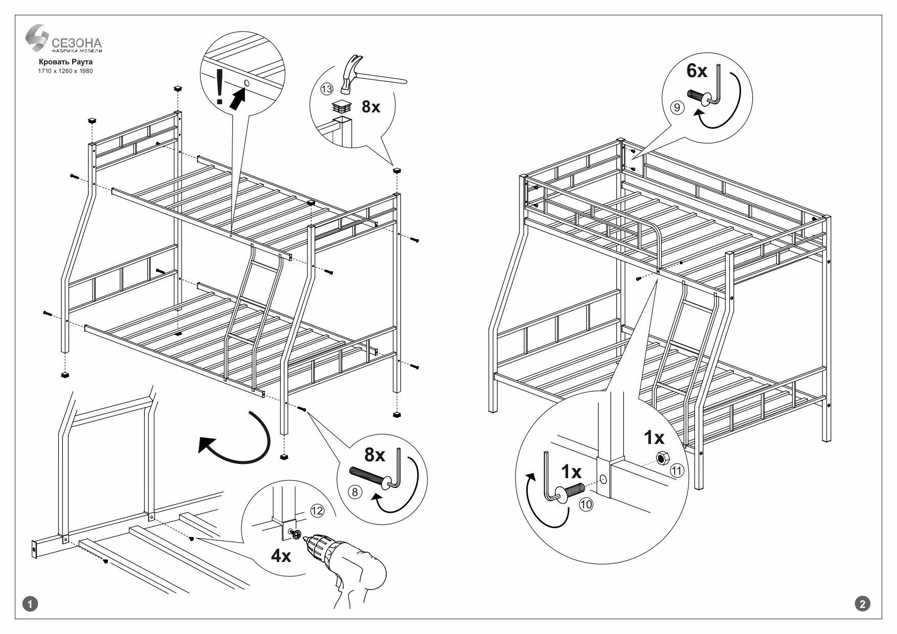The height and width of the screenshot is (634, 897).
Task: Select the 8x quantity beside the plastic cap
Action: coord(371,107)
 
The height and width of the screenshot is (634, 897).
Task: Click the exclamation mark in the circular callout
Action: coord(219,87)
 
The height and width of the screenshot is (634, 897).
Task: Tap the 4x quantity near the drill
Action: coord(281,555)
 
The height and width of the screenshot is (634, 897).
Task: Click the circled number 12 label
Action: coord(317,510)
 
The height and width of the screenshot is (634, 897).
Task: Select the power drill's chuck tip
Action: coord(304,537)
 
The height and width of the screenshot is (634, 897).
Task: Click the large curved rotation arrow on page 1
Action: coord(240,439)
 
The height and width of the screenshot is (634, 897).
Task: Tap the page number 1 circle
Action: coord(32,604)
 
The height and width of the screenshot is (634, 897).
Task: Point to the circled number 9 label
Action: coord(677,108)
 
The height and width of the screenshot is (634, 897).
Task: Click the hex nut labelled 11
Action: coord(660,459)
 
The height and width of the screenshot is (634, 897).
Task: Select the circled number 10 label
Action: coord(586,504)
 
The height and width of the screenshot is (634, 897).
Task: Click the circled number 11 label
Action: coord(677,471)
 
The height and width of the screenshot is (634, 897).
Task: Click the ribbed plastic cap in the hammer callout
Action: coord(342,106)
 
